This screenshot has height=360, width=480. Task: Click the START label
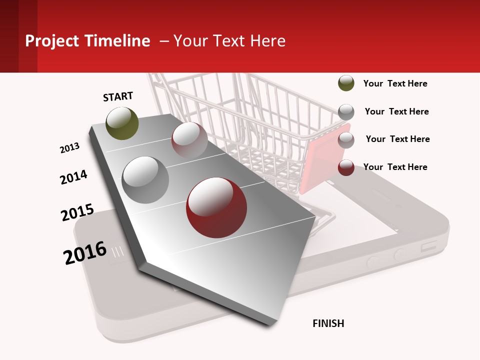[x=118, y=96]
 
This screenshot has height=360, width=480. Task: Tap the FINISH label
[x=328, y=323]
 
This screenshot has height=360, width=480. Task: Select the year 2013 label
[x=69, y=148]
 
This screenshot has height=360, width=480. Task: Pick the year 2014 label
[x=73, y=177]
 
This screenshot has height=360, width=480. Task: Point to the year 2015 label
[x=77, y=212]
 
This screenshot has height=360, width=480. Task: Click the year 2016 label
[x=85, y=253]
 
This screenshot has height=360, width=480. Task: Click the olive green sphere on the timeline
[x=122, y=123]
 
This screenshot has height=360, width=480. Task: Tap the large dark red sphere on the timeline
[x=216, y=207]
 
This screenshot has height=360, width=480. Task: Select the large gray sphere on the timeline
[x=145, y=179]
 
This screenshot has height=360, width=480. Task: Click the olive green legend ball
[x=346, y=83]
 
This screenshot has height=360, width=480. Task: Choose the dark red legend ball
[x=346, y=167]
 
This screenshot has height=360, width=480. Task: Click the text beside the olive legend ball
[x=395, y=83]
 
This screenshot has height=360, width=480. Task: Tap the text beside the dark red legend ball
[x=395, y=167]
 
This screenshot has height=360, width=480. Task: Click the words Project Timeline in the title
[x=87, y=41]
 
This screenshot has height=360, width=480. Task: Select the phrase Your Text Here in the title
[x=229, y=41]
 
